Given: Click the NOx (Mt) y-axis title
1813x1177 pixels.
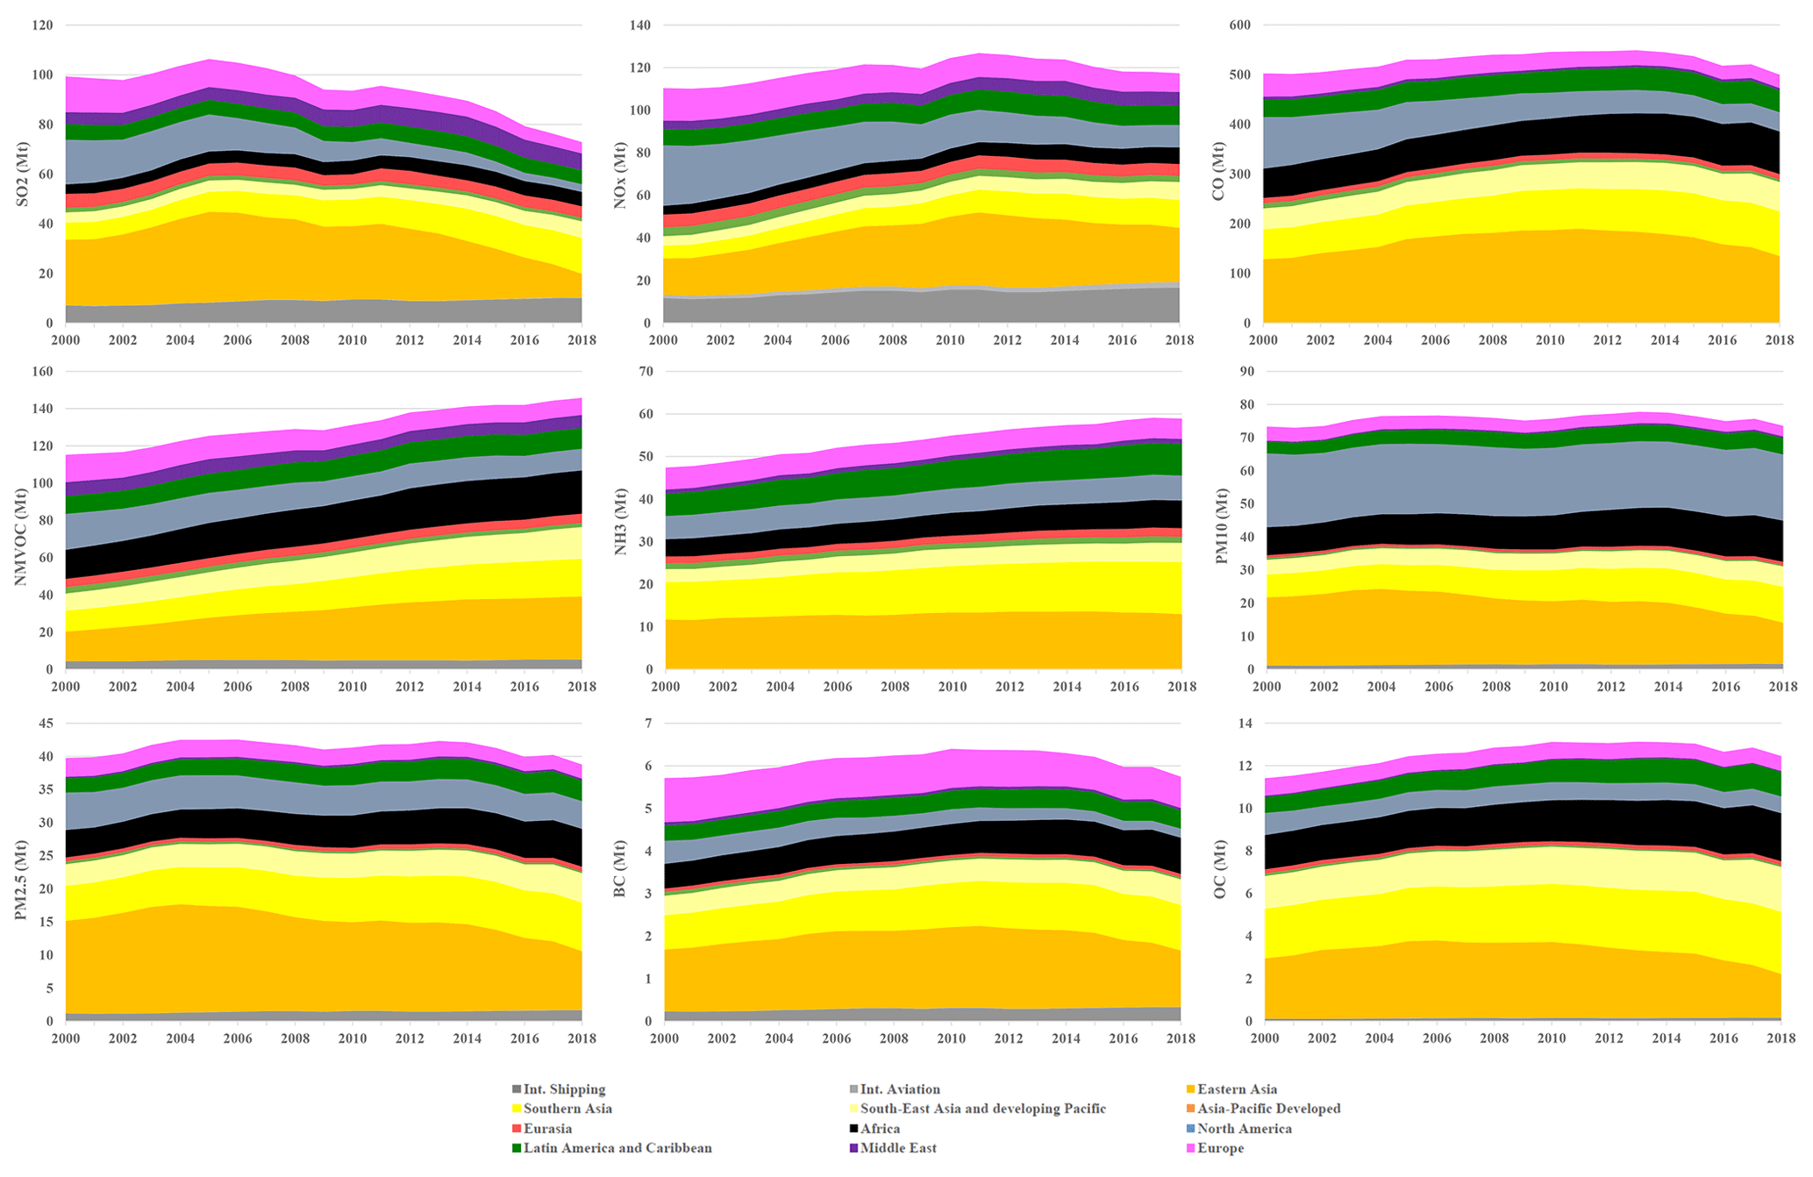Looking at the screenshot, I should (621, 174).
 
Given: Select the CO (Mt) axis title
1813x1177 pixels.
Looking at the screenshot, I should (1218, 174).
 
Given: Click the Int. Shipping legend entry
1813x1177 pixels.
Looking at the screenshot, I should (564, 1089).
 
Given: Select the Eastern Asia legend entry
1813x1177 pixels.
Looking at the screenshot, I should (1237, 1089).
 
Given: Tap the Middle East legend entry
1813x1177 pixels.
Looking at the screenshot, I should (898, 1148).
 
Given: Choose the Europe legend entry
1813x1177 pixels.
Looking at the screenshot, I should (1220, 1148).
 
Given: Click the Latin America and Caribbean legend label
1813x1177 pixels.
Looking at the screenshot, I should (617, 1148).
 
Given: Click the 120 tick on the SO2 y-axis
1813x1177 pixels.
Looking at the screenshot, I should (42, 25).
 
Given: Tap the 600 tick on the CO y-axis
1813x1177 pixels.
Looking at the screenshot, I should (1239, 25).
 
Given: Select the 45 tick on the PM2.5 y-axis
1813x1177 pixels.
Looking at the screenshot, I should (46, 724).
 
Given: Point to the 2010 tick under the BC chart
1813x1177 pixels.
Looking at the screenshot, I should (952, 1038).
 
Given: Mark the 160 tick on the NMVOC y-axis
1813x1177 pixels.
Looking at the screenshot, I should (42, 372).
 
